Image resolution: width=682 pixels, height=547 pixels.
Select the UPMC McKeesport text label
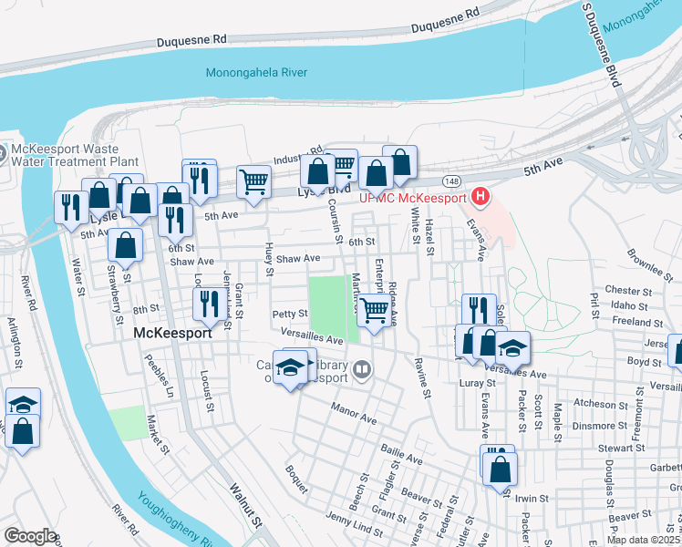point(412,198)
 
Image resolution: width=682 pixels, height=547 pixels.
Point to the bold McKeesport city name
point(172,334)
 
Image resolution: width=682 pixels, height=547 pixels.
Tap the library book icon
point(363,369)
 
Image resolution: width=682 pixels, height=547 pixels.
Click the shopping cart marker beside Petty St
point(374,311)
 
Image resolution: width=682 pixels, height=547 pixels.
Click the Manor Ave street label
point(354,413)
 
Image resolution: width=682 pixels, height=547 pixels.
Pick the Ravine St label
point(423,378)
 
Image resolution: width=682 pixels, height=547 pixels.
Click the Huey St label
point(268,259)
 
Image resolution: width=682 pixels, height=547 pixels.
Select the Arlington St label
point(15,340)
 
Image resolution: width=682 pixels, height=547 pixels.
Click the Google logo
point(30,536)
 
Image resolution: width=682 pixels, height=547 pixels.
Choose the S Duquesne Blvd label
point(601,46)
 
